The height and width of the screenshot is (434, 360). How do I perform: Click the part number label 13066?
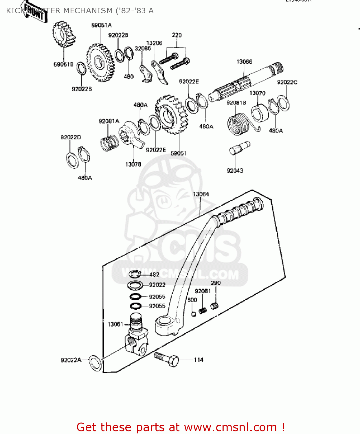tap(244, 62)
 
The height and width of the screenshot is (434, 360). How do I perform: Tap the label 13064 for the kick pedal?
tap(201, 194)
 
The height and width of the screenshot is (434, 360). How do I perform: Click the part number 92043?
tap(235, 171)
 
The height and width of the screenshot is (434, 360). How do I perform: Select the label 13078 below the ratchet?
tap(133, 164)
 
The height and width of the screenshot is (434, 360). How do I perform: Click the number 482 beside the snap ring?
tap(154, 275)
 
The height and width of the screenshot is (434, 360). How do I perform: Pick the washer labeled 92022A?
tap(95, 363)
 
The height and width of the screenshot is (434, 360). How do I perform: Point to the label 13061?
tap(115, 324)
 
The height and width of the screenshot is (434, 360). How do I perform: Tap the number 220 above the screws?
tap(177, 35)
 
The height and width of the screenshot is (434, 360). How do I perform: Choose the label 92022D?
tap(71, 137)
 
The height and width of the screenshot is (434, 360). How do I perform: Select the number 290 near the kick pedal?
tap(216, 283)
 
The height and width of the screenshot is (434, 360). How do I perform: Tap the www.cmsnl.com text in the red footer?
tap(230, 427)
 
